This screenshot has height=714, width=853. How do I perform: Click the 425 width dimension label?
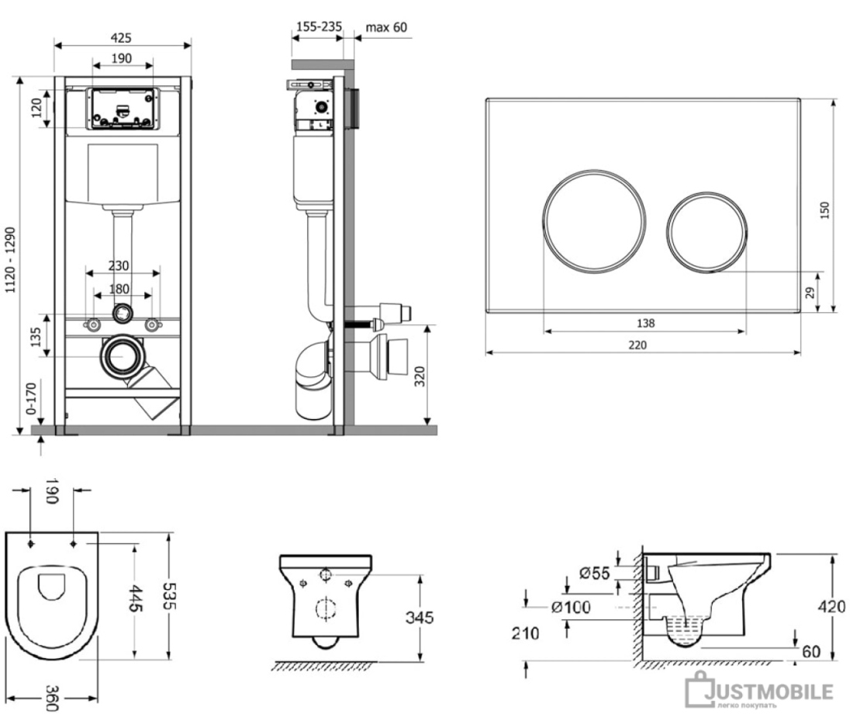(x=121, y=37)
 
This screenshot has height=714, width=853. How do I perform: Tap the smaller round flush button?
(x=706, y=231)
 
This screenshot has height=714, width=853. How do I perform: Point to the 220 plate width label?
(x=637, y=345)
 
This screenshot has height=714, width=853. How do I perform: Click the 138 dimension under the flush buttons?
(x=645, y=323)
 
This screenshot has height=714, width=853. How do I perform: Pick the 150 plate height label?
(x=825, y=210)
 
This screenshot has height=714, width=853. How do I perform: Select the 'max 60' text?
(x=386, y=27)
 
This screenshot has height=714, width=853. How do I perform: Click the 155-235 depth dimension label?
(x=319, y=26)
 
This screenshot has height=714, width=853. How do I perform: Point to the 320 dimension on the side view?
(x=420, y=376)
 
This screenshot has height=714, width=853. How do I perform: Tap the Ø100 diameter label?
(x=571, y=607)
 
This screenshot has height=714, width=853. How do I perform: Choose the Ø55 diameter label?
(x=595, y=573)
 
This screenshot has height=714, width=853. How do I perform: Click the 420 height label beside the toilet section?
(x=832, y=606)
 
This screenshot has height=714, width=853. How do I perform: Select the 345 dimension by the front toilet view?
(x=420, y=618)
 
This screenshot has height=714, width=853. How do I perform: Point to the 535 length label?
(x=171, y=596)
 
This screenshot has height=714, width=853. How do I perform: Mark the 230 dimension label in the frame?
(x=118, y=265)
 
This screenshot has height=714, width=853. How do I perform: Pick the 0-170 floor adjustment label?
(x=30, y=398)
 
